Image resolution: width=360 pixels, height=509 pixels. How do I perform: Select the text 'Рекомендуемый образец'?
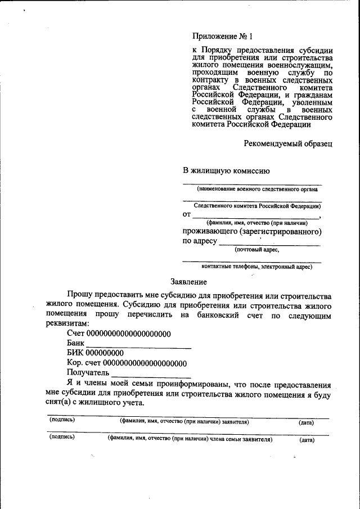(x=288, y=143)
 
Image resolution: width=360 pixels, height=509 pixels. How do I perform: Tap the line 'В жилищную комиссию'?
(x=227, y=171)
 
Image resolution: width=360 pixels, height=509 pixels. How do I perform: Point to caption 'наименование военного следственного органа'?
(x=257, y=190)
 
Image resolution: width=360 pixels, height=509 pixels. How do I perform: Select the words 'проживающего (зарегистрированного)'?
(x=252, y=231)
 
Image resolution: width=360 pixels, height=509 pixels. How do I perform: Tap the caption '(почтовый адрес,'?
(x=256, y=249)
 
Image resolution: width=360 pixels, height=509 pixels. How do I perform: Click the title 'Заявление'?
(x=188, y=281)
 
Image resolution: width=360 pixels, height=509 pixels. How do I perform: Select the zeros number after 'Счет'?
(x=128, y=334)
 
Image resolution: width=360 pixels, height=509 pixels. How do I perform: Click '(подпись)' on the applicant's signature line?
(x=62, y=420)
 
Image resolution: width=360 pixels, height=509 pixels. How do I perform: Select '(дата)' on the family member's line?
(x=307, y=440)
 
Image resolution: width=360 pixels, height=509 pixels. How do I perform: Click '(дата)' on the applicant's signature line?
(x=307, y=422)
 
